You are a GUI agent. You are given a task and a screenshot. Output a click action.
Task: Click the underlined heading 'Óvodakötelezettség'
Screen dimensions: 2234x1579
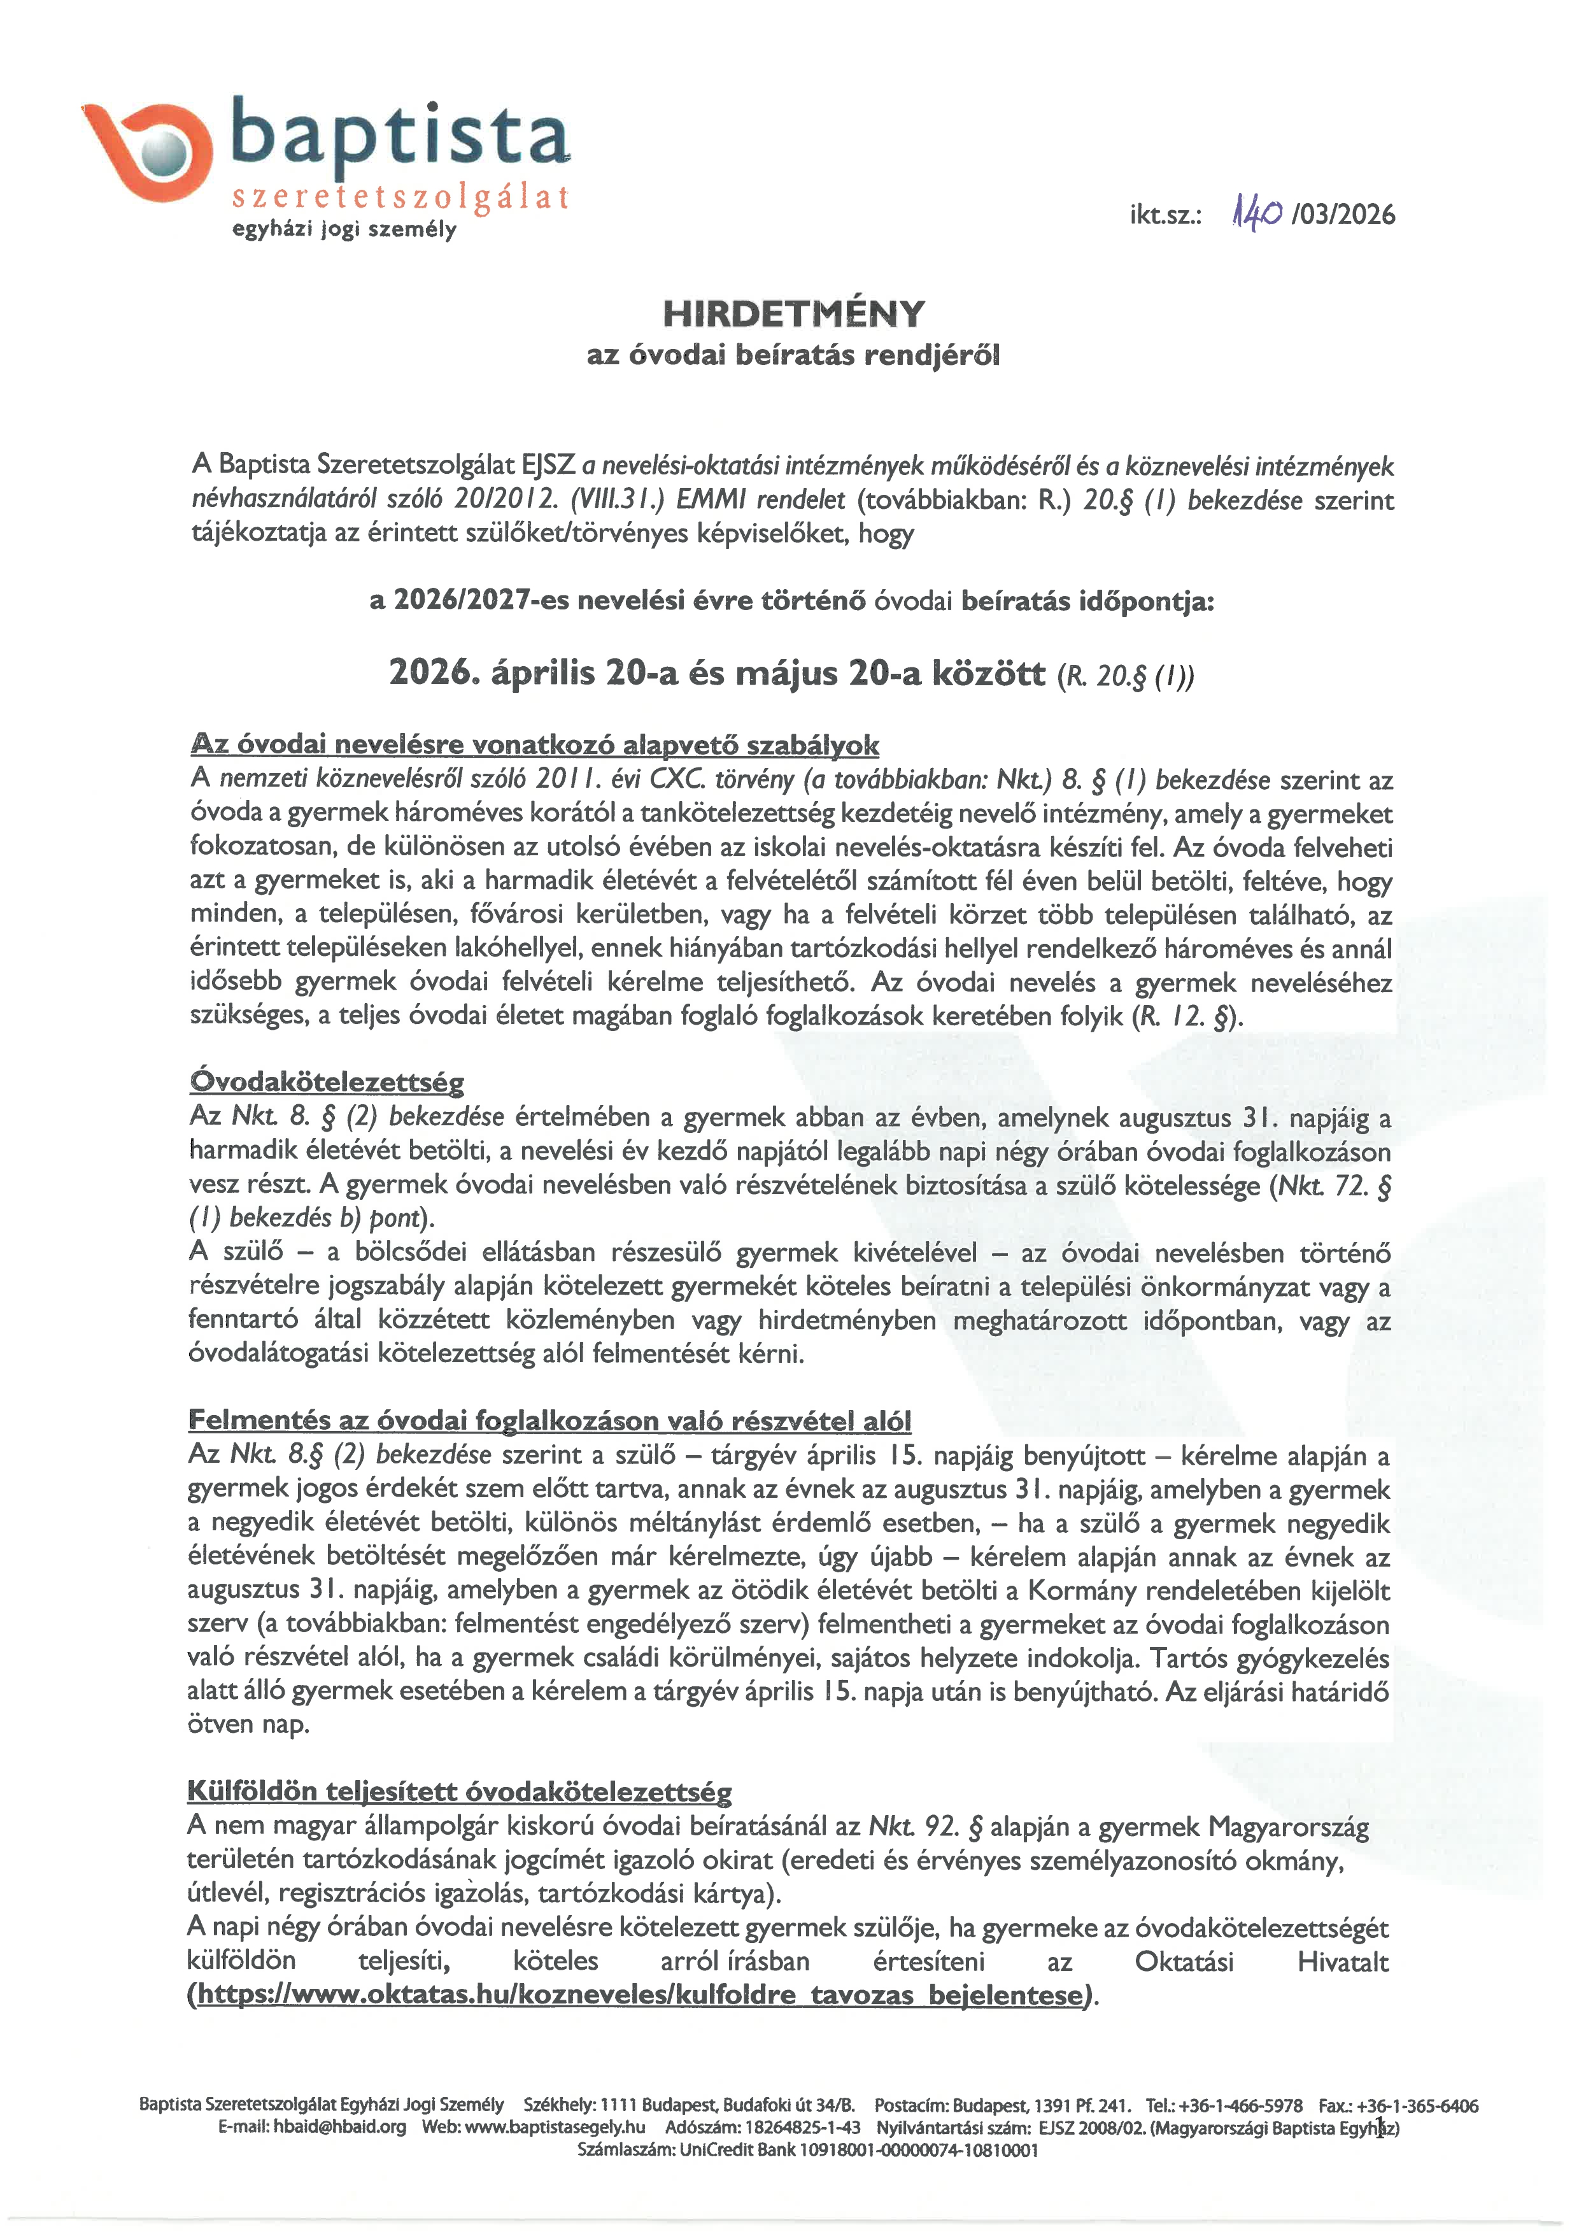tap(327, 1081)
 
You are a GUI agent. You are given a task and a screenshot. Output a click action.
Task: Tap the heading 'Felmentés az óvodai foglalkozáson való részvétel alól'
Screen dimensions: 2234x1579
tap(549, 1419)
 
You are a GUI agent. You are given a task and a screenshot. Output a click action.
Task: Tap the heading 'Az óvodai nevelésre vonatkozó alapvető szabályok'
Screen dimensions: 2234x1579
tap(534, 745)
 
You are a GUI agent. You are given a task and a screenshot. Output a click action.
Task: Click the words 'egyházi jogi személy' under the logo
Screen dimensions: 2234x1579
tap(343, 231)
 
